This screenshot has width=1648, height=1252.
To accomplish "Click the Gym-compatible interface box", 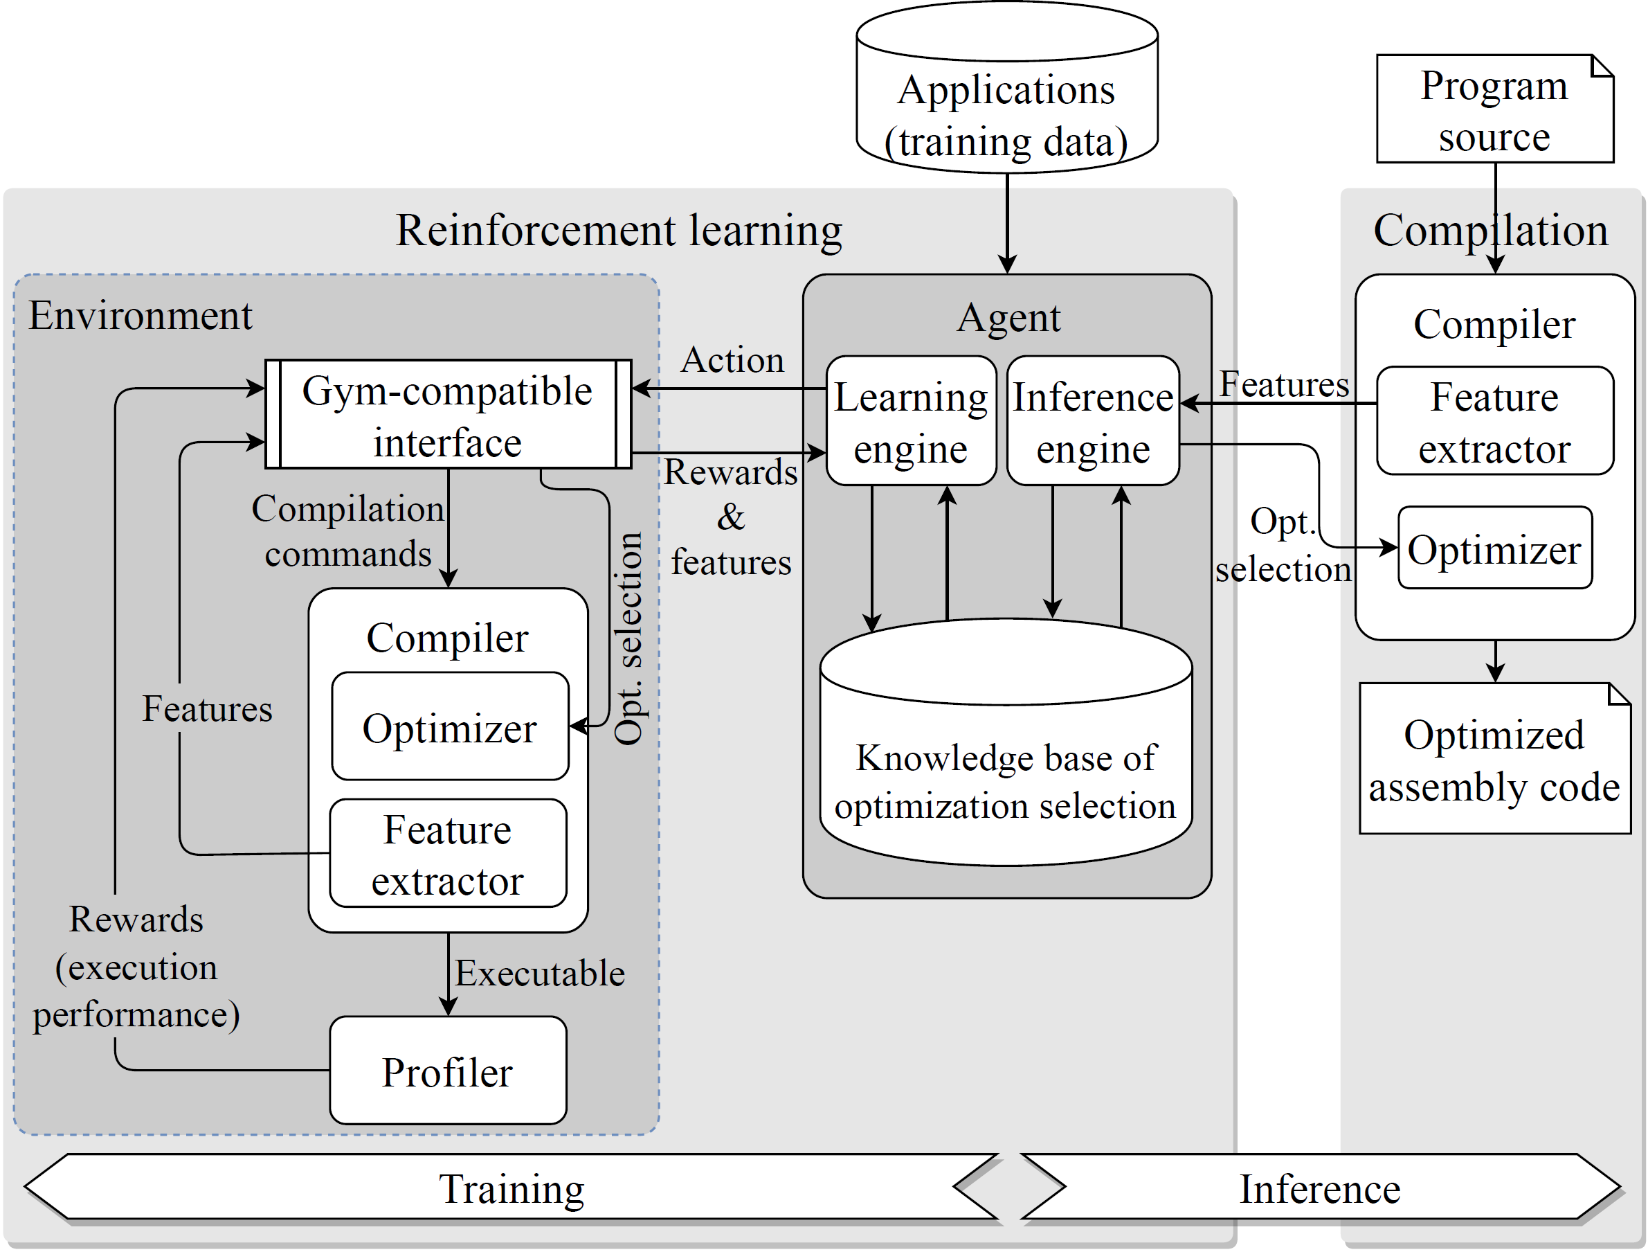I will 448,414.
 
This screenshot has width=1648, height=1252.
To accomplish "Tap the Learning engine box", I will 910,421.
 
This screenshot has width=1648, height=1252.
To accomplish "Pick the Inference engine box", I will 1092,421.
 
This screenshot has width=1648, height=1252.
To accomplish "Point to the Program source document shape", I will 1494,109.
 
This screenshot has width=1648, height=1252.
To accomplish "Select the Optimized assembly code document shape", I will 1494,760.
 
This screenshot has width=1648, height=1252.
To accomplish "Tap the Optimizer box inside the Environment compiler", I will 449,726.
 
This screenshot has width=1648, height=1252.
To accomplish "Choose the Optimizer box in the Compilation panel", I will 1494,549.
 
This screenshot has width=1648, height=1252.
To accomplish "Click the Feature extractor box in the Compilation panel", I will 1494,421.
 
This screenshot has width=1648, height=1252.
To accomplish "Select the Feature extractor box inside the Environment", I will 448,853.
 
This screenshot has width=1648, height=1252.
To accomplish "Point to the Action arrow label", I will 732,360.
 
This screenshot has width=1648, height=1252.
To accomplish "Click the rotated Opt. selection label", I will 628,638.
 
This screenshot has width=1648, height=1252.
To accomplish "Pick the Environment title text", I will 140,315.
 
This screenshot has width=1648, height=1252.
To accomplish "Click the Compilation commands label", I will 348,530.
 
